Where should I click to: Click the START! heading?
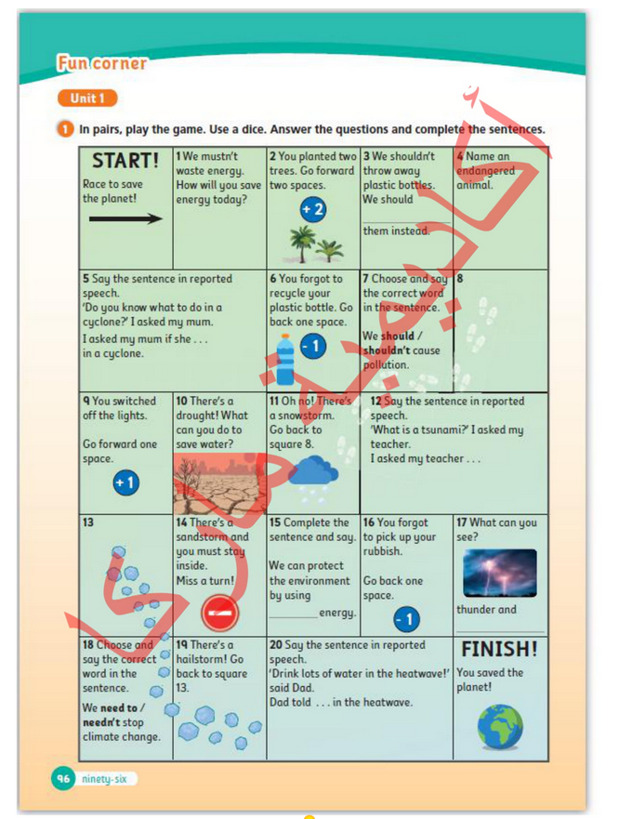pos(125,160)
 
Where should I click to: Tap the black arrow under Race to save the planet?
pos(125,219)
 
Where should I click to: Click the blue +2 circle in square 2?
pos(313,209)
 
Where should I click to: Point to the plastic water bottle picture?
pos(285,360)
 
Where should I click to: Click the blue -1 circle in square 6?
pos(313,347)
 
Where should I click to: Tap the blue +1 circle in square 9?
pos(125,483)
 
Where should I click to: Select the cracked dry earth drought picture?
pos(219,486)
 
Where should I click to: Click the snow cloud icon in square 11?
pos(313,475)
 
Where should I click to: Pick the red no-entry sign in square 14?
pos(220,613)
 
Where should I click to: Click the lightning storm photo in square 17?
pos(499,573)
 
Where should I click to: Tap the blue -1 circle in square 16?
pos(406,619)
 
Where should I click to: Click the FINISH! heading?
pos(499,649)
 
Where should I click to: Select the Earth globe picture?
pos(500,726)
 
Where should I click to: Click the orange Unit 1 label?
pos(87,98)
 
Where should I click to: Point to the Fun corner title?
pos(101,63)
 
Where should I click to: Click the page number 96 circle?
pos(63,779)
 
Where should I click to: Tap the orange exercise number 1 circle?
pos(65,129)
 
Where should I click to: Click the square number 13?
pos(88,523)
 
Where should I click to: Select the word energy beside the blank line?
pos(337,613)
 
